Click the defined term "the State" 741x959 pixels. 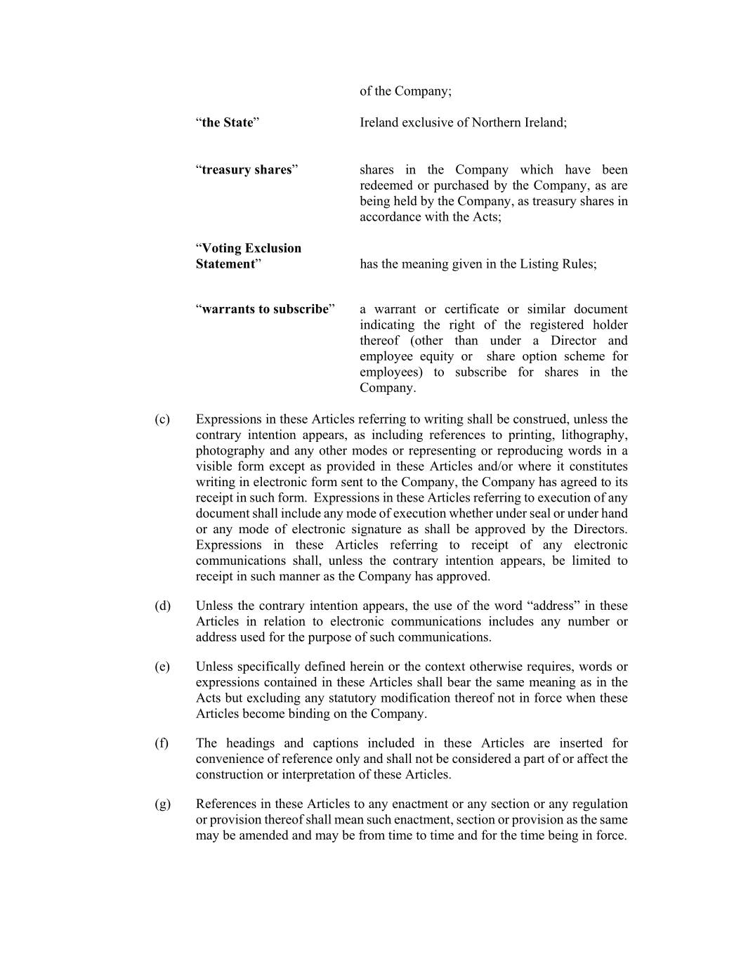click(227, 123)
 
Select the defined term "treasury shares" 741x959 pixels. click(247, 170)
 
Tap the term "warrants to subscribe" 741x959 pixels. click(265, 309)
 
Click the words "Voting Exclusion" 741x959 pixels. click(251, 248)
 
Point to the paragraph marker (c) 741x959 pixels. click(162, 419)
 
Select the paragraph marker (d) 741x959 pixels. click(162, 606)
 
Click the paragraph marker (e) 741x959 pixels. click(162, 667)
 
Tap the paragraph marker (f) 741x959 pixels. click(162, 743)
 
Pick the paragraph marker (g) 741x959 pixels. click(162, 804)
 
